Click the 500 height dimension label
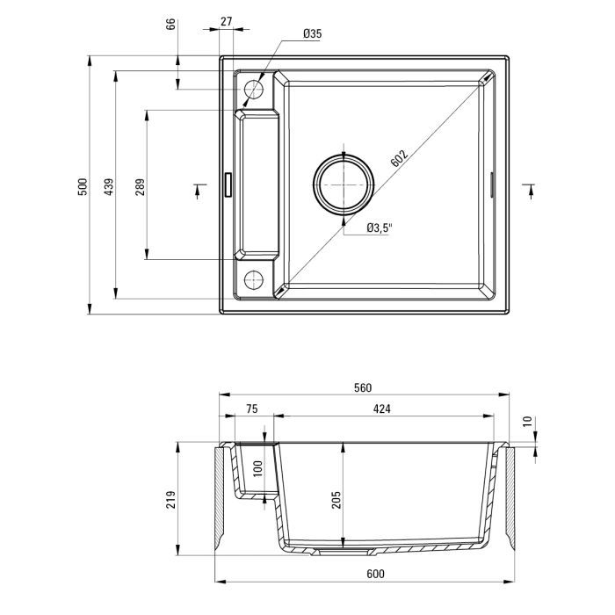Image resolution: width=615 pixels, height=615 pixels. (81, 186)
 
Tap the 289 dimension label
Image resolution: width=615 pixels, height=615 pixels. (139, 186)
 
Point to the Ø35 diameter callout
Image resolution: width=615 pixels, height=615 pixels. (311, 33)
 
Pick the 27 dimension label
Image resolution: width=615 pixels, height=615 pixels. (227, 21)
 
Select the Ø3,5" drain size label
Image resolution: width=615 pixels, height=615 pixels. (379, 228)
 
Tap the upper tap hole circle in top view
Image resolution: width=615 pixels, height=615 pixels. (253, 89)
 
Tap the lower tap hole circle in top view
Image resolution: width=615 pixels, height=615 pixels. (253, 280)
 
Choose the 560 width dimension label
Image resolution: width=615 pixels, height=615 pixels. (364, 387)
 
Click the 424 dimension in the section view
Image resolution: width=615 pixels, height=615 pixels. (381, 409)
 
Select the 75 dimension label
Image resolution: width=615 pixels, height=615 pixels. (250, 409)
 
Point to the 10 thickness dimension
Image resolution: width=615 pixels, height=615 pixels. (526, 423)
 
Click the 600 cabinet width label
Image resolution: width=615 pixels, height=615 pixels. (364, 574)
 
